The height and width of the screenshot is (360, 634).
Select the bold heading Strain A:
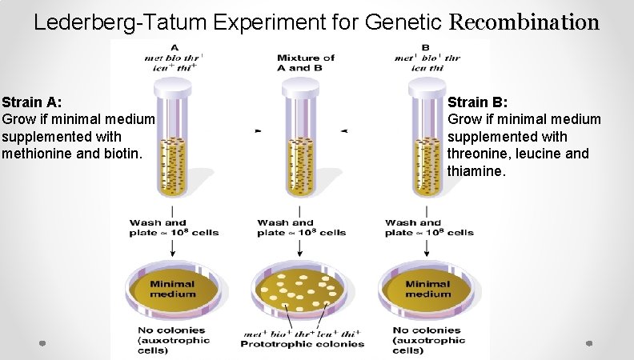click(33, 102)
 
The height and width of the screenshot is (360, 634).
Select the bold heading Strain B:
click(478, 102)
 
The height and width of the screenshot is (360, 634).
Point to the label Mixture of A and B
click(305, 62)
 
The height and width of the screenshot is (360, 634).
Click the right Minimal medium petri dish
click(427, 289)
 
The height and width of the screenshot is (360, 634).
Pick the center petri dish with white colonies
click(300, 290)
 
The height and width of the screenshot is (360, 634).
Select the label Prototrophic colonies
click(303, 345)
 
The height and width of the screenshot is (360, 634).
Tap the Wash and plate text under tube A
click(173, 228)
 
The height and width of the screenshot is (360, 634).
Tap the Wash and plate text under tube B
click(429, 228)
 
